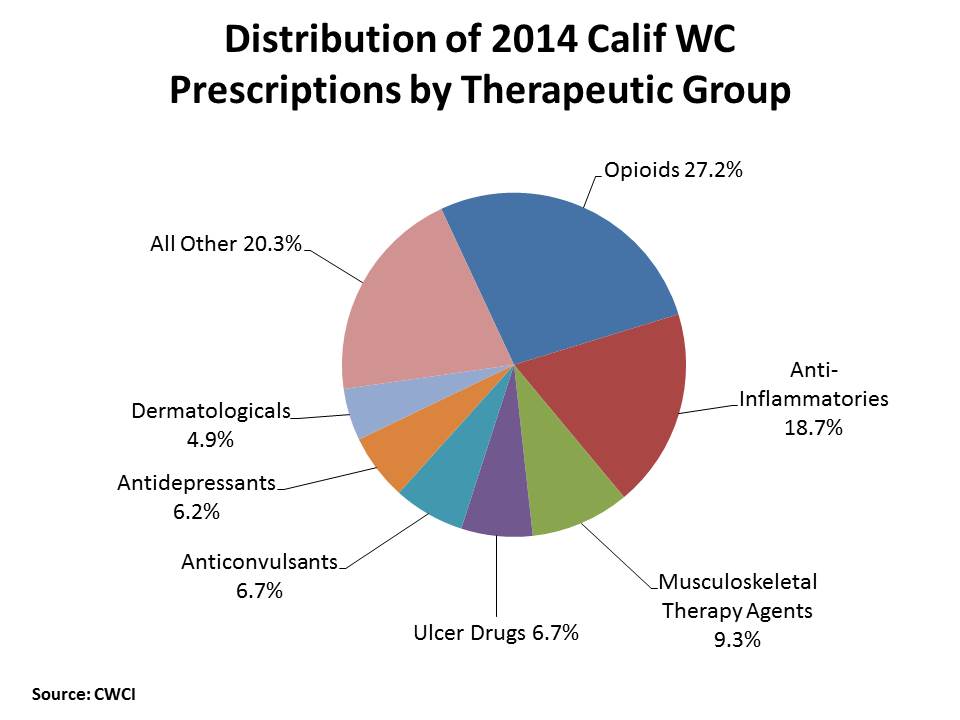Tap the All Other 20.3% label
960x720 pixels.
(x=225, y=244)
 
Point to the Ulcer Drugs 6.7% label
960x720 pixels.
(x=496, y=633)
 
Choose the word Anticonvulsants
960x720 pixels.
(x=260, y=562)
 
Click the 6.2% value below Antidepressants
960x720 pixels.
(x=196, y=512)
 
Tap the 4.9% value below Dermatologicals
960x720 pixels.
(x=210, y=439)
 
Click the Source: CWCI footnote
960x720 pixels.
(x=83, y=693)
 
